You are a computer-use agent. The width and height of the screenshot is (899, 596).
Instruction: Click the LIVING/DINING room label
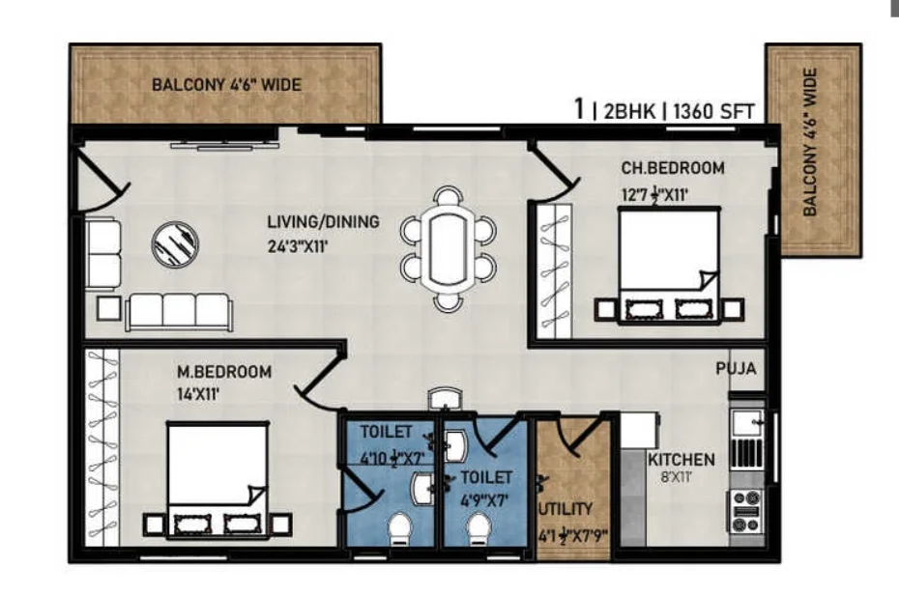pyautogui.click(x=324, y=222)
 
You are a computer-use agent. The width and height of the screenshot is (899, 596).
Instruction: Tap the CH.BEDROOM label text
pyautogui.click(x=673, y=168)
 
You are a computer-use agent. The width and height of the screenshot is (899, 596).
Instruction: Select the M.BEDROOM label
pyautogui.click(x=224, y=372)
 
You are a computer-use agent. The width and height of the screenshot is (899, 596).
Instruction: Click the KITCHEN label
pyautogui.click(x=681, y=460)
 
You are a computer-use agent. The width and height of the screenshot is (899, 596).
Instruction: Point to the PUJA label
pyautogui.click(x=737, y=368)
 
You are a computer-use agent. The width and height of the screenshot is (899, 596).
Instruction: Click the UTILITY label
pyautogui.click(x=565, y=509)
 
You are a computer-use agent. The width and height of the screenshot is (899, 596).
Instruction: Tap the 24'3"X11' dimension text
pyautogui.click(x=298, y=247)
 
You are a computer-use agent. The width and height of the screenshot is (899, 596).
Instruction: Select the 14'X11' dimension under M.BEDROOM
pyautogui.click(x=198, y=394)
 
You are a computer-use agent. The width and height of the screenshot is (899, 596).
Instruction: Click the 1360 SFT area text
pyautogui.click(x=713, y=111)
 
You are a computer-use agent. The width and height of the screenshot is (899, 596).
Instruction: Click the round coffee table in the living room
pyautogui.click(x=175, y=244)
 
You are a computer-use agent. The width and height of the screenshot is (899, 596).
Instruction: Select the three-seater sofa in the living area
pyautogui.click(x=179, y=312)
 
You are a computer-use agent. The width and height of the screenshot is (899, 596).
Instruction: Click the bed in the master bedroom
pyautogui.click(x=217, y=480)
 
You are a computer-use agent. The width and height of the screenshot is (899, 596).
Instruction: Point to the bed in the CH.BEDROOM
pyautogui.click(x=669, y=266)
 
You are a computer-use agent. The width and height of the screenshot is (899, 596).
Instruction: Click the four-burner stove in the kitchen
pyautogui.click(x=746, y=511)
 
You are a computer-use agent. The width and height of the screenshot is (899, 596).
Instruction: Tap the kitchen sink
pyautogui.click(x=747, y=425)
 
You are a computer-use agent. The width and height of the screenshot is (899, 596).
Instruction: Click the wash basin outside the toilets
pyautogui.click(x=445, y=399)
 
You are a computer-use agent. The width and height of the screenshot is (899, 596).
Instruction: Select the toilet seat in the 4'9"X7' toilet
pyautogui.click(x=478, y=529)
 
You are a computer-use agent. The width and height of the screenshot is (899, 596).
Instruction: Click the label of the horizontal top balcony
pyautogui.click(x=226, y=85)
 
